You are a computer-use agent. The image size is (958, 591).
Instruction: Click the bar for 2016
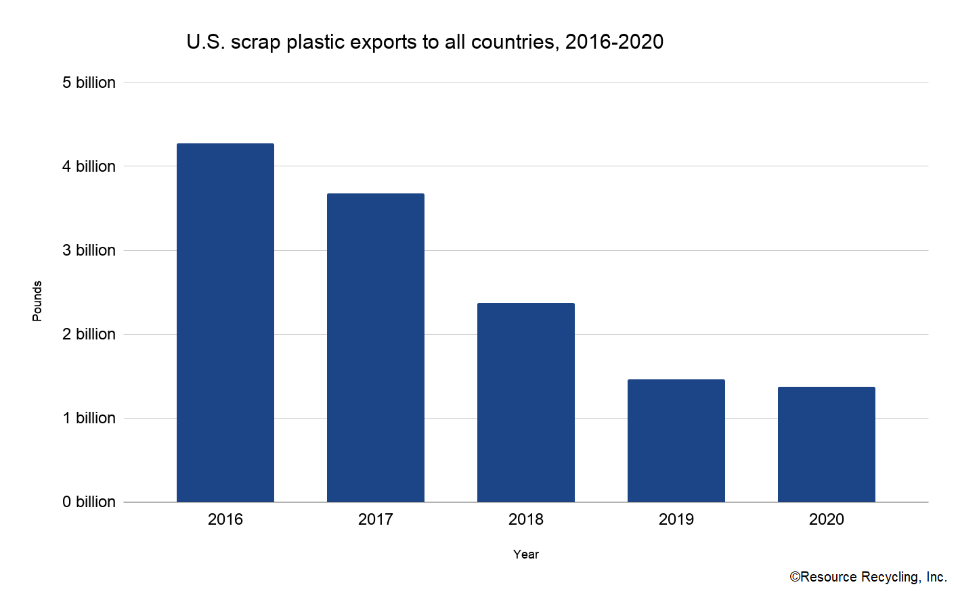225,323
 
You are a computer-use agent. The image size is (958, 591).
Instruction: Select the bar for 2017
375,348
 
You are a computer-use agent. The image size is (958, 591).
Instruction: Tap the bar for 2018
525,402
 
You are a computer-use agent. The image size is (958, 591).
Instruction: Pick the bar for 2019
676,440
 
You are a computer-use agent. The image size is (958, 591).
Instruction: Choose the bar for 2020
826,444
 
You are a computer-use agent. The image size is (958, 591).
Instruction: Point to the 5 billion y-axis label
89,82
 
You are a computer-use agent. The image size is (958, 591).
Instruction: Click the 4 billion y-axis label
89,166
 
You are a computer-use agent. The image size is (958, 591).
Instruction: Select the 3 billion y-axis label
89,250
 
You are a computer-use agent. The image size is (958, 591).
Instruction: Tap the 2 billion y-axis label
89,334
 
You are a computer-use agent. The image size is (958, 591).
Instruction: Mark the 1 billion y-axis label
89,418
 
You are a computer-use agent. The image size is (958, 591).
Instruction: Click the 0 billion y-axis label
89,502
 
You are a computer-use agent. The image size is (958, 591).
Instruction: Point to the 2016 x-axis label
225,519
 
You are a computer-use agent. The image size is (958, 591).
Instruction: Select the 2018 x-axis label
525,519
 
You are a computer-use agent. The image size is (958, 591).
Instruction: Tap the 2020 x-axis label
826,519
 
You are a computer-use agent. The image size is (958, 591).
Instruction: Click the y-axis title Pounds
37,301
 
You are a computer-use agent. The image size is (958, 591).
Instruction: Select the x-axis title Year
525,554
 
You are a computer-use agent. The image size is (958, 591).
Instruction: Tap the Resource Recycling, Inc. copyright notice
868,577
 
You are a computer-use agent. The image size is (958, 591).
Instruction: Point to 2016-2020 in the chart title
614,42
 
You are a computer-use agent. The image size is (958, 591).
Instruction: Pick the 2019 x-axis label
676,519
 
